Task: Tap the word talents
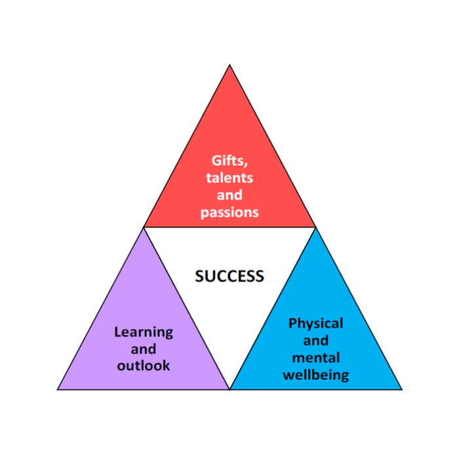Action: (229, 178)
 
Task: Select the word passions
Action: (229, 212)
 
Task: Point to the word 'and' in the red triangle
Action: (229, 195)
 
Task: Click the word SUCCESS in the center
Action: (229, 276)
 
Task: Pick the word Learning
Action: (144, 332)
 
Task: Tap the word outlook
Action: (144, 365)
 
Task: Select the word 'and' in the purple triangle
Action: (144, 349)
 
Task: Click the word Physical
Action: (315, 324)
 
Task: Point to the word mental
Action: (315, 358)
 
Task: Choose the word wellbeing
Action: (315, 376)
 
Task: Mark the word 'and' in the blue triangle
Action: (315, 341)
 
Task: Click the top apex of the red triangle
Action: (229, 66)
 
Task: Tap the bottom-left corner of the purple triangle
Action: (58, 389)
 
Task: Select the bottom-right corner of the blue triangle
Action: (401, 389)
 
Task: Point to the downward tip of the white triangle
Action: (229, 388)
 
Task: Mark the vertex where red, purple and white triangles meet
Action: (144, 228)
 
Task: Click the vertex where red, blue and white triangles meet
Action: (315, 228)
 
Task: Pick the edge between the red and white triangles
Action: (229, 228)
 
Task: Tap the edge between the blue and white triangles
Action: (273, 308)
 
